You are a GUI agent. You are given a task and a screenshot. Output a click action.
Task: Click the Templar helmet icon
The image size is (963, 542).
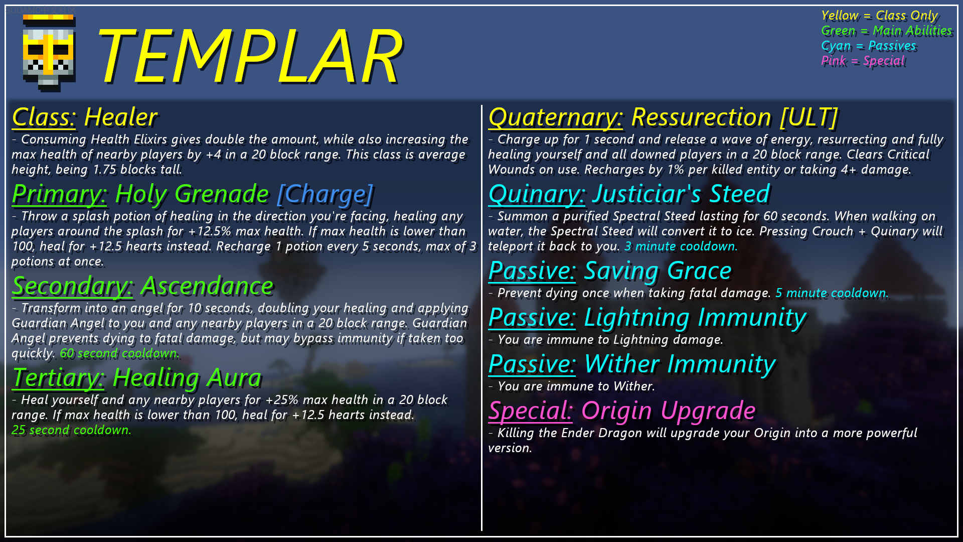click(49, 53)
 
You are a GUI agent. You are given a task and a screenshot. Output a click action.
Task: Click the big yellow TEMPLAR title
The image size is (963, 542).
click(249, 55)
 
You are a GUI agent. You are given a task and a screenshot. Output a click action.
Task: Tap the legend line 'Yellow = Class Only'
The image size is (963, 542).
click(879, 16)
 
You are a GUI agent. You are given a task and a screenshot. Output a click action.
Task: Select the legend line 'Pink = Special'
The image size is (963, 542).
click(863, 61)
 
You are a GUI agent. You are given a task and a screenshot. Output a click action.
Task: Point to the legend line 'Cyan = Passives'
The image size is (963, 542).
click(868, 46)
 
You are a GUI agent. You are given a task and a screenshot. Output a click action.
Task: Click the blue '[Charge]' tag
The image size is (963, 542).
click(325, 194)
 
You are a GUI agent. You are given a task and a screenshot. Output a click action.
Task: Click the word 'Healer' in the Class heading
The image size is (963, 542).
click(121, 117)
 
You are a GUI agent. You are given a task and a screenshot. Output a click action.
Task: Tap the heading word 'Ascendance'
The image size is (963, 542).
click(207, 286)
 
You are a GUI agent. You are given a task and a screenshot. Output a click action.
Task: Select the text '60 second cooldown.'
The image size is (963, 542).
click(119, 353)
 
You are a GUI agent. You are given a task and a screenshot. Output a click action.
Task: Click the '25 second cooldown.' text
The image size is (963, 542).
click(71, 430)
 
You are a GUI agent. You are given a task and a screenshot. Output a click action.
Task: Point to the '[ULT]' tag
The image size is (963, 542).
click(809, 117)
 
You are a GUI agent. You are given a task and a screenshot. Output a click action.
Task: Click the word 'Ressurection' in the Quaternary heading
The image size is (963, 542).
click(701, 117)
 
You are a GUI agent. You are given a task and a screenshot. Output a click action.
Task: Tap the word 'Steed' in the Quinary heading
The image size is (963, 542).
click(739, 194)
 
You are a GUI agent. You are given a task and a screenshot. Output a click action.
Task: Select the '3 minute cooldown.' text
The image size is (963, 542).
click(681, 246)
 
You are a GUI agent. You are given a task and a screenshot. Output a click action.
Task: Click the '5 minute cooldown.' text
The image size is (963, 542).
click(832, 293)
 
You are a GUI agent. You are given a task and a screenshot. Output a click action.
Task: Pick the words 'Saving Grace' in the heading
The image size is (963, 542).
click(658, 271)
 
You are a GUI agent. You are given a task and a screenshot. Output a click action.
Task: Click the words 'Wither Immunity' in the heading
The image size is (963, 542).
click(680, 364)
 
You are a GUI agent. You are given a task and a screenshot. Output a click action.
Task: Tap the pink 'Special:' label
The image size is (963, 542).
click(530, 411)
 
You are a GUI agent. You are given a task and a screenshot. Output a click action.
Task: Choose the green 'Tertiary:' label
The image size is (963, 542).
click(58, 378)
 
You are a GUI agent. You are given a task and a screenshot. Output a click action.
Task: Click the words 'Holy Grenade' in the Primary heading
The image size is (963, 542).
click(192, 194)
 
